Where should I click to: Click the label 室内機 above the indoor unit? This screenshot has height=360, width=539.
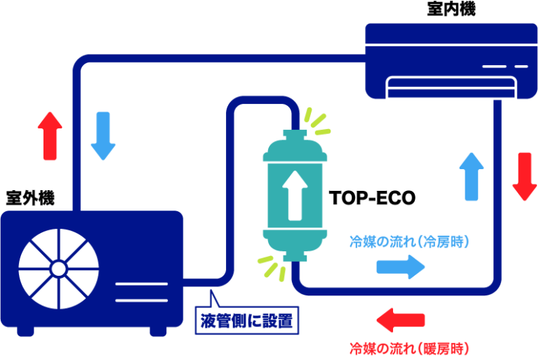pyautogui.click(x=451, y=8)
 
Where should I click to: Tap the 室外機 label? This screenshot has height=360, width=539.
pyautogui.click(x=30, y=198)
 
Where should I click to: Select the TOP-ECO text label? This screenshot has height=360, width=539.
pyautogui.click(x=372, y=198)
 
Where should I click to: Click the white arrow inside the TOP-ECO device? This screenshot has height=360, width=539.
pyautogui.click(x=295, y=195)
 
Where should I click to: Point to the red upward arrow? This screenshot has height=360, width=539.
pyautogui.click(x=50, y=136)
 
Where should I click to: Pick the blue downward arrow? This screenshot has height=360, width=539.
pyautogui.click(x=103, y=136)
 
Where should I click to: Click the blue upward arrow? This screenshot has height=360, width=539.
pyautogui.click(x=472, y=176)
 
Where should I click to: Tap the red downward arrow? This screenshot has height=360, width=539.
pyautogui.click(x=524, y=176)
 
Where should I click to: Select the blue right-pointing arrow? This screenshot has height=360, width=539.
pyautogui.click(x=401, y=267)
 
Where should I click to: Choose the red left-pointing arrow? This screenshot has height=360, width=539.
pyautogui.click(x=401, y=320)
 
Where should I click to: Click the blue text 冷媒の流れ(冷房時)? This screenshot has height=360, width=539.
pyautogui.click(x=409, y=241)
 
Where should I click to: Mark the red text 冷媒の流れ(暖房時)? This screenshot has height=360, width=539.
pyautogui.click(x=409, y=349)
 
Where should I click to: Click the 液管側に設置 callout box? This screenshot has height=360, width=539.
pyautogui.click(x=247, y=320)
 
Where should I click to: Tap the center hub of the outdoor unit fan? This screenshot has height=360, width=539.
pyautogui.click(x=58, y=269)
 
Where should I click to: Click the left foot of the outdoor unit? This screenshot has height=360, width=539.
pyautogui.click(x=25, y=331)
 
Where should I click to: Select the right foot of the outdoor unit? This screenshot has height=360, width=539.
pyautogui.click(x=158, y=331)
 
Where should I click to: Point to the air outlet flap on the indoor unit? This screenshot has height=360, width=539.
pyautogui.click(x=451, y=87)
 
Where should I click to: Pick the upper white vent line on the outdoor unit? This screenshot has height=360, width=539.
pyautogui.click(x=142, y=284)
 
